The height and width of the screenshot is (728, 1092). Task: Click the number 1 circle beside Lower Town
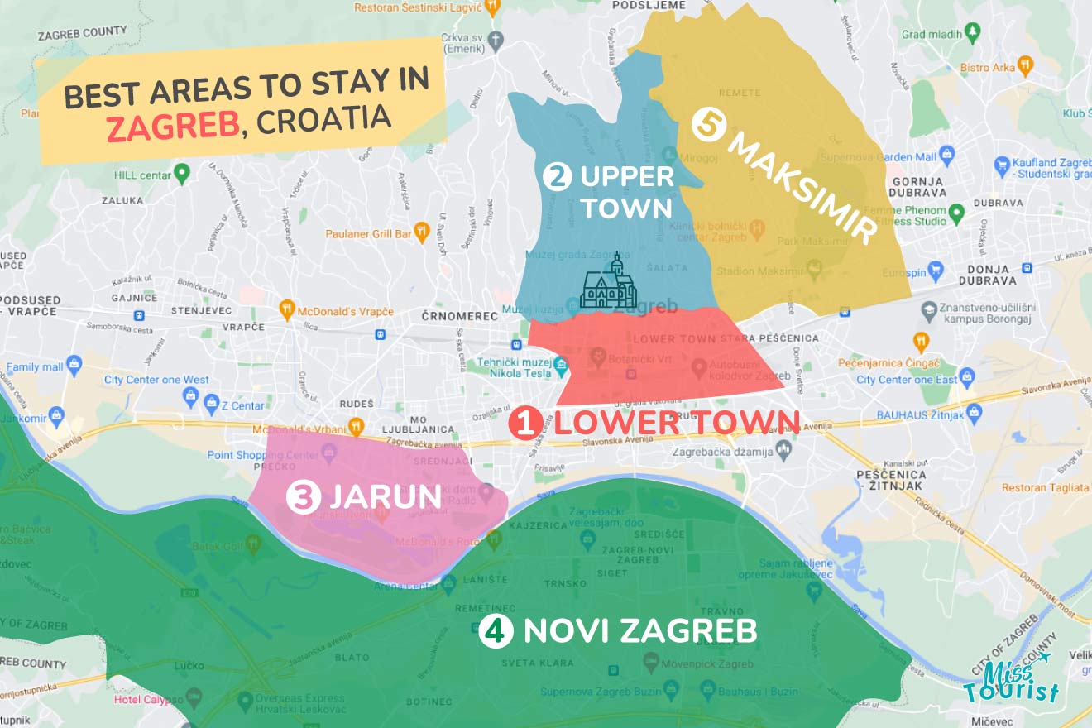coord(525,424)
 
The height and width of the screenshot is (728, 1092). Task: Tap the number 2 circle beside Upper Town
coord(558,176)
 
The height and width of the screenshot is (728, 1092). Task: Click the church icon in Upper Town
coord(609,284)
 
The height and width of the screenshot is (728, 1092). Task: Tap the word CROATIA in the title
coord(324,117)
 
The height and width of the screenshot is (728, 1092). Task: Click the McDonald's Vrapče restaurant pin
coord(287,311)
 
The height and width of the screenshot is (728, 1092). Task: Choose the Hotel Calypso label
coord(149,700)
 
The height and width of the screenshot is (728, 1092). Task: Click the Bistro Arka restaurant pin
coord(1025,65)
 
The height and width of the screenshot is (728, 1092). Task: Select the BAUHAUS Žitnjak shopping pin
coord(974,411)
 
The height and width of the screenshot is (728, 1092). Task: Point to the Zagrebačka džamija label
coord(722,453)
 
